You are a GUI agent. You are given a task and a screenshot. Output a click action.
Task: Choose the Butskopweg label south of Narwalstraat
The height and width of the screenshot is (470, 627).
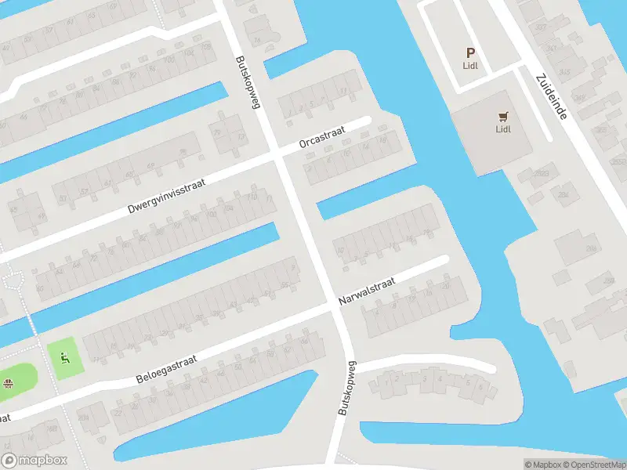coord(347,388)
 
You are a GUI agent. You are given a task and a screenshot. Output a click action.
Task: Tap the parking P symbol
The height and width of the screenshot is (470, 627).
coord(470,53)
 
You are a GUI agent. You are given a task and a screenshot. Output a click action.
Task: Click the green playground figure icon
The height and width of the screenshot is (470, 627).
coord(64,359)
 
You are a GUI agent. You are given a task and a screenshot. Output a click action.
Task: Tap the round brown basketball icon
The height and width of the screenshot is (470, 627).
coord(9,383)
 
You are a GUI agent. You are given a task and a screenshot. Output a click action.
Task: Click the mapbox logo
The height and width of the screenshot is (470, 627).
coord(34,461)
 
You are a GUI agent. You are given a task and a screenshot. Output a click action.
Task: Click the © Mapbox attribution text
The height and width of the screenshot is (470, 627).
coord(542,465)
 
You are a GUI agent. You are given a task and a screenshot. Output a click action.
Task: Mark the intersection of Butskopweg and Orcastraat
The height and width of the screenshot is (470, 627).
coord(277,154)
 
